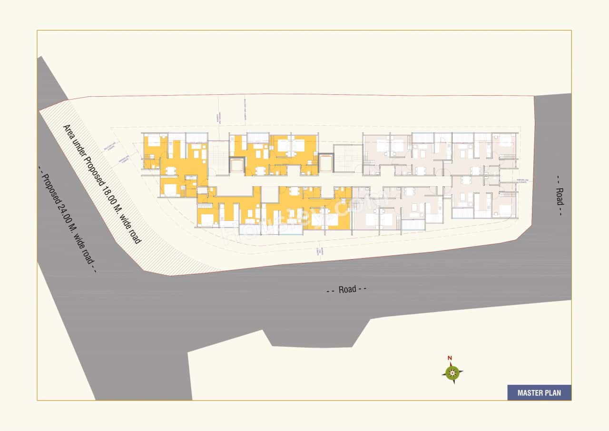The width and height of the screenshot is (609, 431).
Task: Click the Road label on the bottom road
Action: point(347,289)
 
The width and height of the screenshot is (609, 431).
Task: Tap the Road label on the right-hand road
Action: point(560,196)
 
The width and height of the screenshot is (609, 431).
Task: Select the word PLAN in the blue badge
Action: point(553,393)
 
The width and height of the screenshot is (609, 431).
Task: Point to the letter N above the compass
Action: point(450,358)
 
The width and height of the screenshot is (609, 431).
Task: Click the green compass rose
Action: point(452,372)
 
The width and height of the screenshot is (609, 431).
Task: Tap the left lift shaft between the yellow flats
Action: point(236,165)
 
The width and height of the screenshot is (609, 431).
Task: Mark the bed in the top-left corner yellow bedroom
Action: point(153,141)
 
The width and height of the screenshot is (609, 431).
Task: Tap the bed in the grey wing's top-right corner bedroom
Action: point(505,140)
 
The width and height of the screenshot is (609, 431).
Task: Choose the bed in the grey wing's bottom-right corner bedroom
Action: point(506,210)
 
